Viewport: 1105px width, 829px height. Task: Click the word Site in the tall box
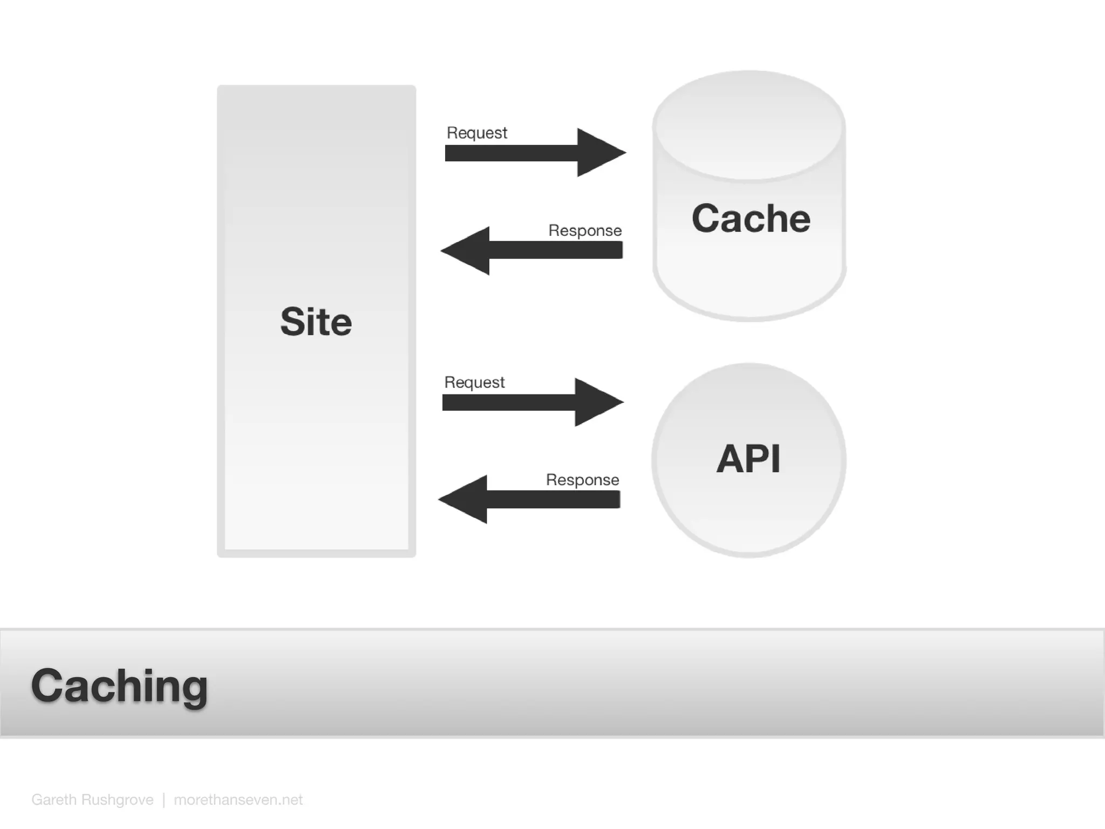click(x=316, y=322)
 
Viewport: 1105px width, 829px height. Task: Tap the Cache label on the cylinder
click(x=751, y=219)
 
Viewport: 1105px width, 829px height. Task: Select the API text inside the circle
click(x=748, y=459)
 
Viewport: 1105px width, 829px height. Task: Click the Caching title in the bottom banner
click(x=119, y=685)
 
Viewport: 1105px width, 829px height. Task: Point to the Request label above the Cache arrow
click(x=477, y=133)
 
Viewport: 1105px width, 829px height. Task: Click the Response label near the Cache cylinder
click(x=585, y=230)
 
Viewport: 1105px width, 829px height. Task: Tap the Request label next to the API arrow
click(x=474, y=382)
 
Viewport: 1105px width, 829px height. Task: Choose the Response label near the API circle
click(x=582, y=480)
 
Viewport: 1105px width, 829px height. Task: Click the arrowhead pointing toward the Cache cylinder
click(x=599, y=153)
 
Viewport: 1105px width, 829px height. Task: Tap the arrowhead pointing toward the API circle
click(x=597, y=402)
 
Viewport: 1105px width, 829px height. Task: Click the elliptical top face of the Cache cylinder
click(x=748, y=125)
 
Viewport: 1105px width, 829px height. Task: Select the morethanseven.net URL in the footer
click(x=238, y=799)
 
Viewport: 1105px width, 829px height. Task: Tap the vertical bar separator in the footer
click(x=163, y=799)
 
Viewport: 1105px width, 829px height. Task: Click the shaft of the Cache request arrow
click(x=510, y=153)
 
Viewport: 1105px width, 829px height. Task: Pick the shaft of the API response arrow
click(x=553, y=499)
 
